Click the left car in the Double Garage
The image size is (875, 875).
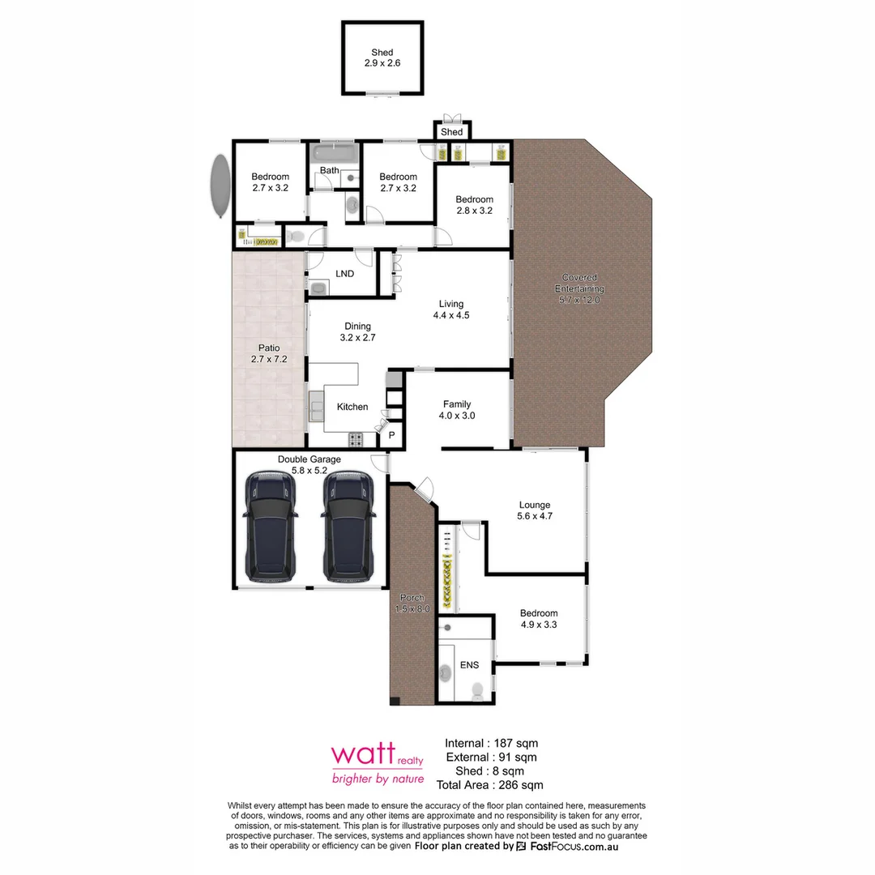(271, 527)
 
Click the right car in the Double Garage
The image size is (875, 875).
(350, 527)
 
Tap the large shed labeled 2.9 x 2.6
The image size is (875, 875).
(382, 58)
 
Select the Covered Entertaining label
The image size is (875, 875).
(579, 288)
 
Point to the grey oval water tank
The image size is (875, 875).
(219, 186)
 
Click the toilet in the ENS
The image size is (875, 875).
(477, 690)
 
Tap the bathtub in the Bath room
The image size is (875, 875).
(333, 153)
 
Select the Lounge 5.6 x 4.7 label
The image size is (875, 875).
(535, 510)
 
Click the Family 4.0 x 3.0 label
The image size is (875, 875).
(458, 410)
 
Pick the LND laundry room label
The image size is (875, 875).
(344, 274)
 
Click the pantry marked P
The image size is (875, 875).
(391, 435)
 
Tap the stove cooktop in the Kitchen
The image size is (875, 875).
(356, 440)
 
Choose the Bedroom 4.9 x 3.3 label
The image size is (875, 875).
(539, 619)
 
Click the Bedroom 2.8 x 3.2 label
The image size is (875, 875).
(474, 205)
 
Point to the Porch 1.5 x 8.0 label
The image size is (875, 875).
(412, 603)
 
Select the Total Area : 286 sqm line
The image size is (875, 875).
(489, 784)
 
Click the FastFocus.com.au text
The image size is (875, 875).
(575, 846)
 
